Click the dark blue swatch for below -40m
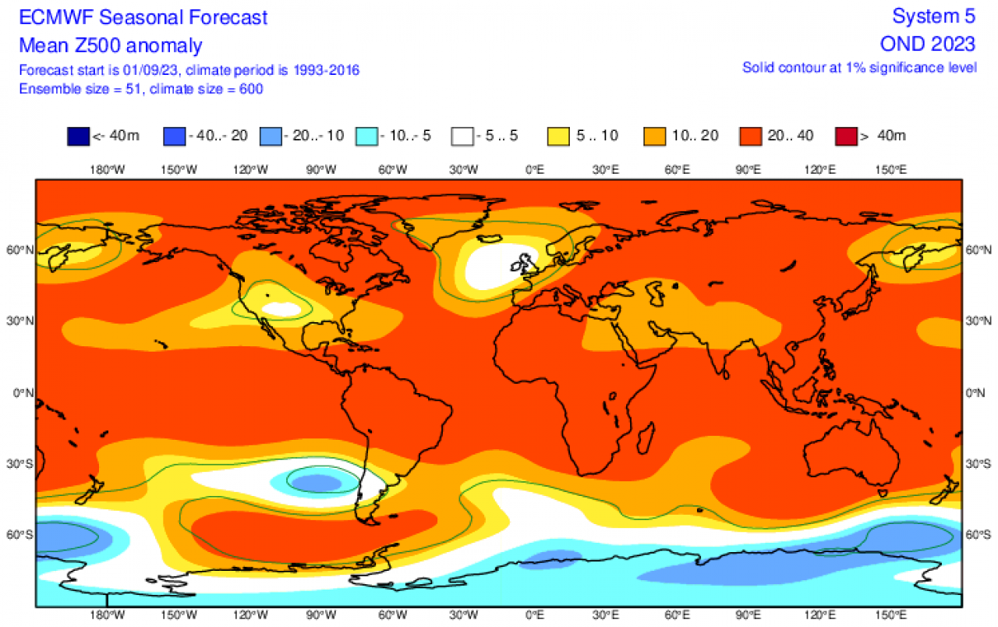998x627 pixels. [x=78, y=136]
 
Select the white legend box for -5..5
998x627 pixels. [x=462, y=136]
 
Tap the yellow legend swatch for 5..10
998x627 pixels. [x=559, y=136]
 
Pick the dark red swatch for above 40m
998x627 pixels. [x=846, y=136]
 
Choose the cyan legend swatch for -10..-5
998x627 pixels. [x=366, y=136]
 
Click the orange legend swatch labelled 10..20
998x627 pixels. [x=655, y=136]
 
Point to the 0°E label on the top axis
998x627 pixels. [x=535, y=169]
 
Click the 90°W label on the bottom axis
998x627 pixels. [x=320, y=615]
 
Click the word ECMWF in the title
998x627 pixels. [x=51, y=17]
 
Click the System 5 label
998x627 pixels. [x=933, y=16]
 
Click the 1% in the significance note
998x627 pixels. [x=859, y=68]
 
